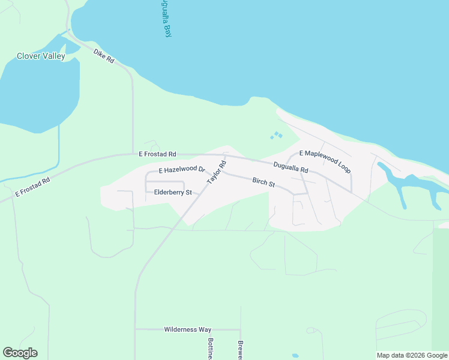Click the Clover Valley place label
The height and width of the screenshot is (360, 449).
coord(40,57)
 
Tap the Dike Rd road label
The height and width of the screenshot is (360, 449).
coord(104,55)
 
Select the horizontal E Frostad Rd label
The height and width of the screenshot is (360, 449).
coord(157,154)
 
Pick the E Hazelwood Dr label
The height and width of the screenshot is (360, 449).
coord(182,170)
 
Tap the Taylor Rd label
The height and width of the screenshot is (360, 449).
coord(216,172)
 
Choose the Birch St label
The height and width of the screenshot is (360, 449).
coord(264,181)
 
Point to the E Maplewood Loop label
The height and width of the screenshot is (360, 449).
coord(325,162)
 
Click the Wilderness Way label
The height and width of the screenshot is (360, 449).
coord(188,329)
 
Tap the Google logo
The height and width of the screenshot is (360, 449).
coord(20,353)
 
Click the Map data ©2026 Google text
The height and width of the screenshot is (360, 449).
coord(412,355)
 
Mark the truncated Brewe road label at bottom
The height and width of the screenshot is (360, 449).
coord(240,350)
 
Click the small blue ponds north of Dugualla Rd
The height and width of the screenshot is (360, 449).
coord(276,136)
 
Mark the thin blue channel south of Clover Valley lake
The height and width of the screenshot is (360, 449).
coord(59,150)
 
